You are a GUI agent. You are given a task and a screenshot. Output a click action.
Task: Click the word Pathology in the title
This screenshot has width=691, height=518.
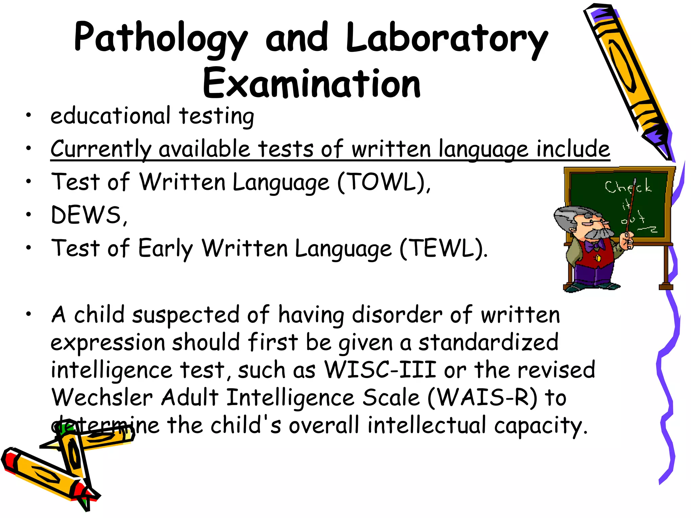point(161,38)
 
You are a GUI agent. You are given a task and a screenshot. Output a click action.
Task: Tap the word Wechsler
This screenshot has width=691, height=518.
point(102,398)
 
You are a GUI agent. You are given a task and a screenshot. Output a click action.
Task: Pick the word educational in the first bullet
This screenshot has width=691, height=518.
point(110,116)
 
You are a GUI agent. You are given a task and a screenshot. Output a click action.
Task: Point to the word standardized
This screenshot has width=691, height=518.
point(488,342)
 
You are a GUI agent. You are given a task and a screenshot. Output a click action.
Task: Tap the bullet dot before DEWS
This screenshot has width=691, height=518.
point(29,214)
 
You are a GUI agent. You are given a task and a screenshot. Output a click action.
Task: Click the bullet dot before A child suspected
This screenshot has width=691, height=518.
point(29,314)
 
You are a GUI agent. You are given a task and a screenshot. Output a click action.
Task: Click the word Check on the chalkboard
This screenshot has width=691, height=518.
point(628,186)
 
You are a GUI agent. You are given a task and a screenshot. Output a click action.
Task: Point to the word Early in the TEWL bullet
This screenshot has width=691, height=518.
point(165,249)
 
